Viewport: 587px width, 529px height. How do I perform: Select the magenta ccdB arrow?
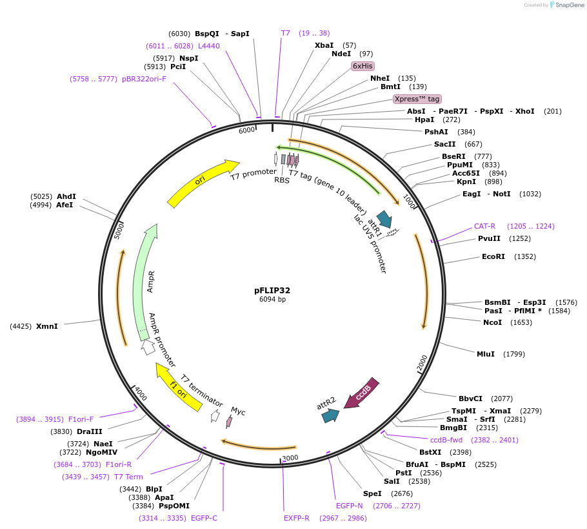coord(361,393)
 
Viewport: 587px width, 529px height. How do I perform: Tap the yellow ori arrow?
coord(203,183)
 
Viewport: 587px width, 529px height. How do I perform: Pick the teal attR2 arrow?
coord(330,415)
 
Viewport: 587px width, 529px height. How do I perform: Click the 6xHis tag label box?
coord(363,66)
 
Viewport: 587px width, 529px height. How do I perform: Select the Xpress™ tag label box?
coord(417,99)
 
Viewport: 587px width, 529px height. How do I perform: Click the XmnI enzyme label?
coord(47,326)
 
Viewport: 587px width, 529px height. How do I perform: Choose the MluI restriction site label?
coord(486,354)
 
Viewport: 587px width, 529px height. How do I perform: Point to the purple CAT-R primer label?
coord(484,226)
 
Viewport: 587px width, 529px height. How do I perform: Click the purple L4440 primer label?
coord(209,46)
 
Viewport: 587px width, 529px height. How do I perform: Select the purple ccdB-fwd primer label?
coord(446,440)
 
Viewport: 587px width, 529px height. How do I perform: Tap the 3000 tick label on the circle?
coord(290,457)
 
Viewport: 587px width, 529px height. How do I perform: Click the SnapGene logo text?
coord(568,5)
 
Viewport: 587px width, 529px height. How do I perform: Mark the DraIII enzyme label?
coord(90,431)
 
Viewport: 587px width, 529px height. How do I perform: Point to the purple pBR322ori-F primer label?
coord(144,79)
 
